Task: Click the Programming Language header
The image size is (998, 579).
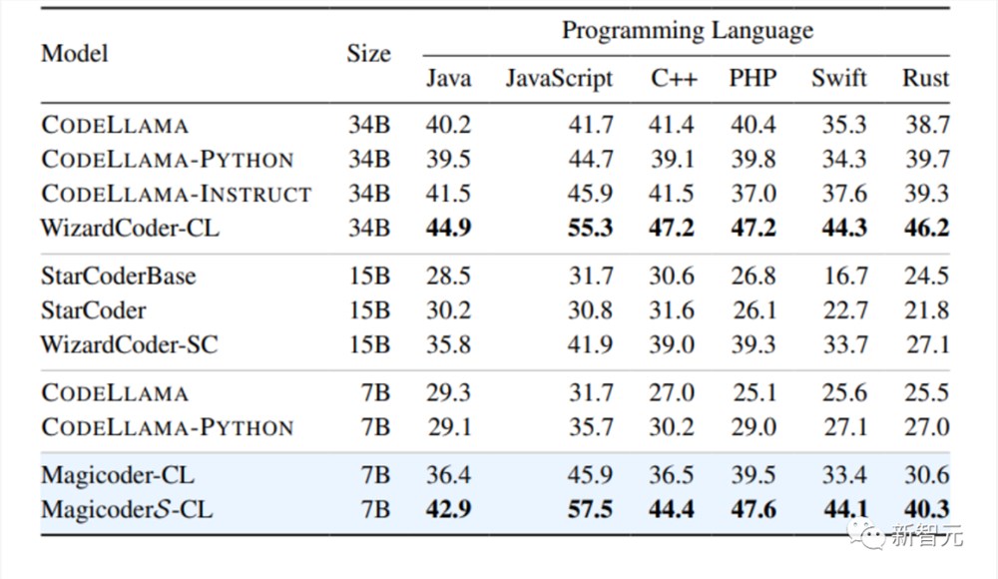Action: point(688,31)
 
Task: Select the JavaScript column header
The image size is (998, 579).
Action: point(559,78)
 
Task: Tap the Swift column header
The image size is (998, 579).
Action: point(839,78)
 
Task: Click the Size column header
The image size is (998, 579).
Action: point(368,54)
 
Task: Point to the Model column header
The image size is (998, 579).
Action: point(75,54)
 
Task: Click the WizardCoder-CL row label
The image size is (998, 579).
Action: point(130,228)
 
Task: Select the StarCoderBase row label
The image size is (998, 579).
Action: point(119,276)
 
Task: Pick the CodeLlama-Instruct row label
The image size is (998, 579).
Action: point(177,193)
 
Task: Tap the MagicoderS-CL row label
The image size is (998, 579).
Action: point(127,509)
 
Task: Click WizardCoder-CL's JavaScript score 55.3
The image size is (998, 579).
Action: point(590,228)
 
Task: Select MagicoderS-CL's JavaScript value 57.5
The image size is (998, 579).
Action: point(590,509)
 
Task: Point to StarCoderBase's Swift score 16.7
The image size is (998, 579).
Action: point(845,276)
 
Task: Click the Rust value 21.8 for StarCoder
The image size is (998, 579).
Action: point(927,310)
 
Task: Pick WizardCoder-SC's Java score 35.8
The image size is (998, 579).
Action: point(448,344)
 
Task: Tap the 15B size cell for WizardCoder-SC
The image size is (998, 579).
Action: point(369,344)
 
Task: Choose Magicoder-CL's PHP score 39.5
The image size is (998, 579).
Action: point(752,475)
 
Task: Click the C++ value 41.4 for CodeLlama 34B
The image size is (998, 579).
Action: point(672,124)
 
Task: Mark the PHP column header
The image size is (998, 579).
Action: point(752,78)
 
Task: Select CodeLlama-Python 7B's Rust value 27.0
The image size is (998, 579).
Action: point(927,427)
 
